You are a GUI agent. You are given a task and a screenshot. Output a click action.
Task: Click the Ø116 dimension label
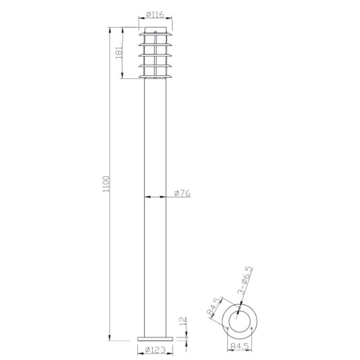pos(155,15)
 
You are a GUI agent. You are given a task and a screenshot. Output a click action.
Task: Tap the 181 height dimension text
pos(119,52)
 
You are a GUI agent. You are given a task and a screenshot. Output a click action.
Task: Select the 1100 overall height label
pos(106,184)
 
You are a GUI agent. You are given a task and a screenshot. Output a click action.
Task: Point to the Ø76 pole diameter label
pos(182,193)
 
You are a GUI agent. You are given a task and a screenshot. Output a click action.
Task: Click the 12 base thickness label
pos(183,321)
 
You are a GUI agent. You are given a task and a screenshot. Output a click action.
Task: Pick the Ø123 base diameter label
pos(155,350)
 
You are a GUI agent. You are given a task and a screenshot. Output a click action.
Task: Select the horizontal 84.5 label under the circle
pos(240,347)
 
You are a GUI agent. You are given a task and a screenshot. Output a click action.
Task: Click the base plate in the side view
pos(155,338)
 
